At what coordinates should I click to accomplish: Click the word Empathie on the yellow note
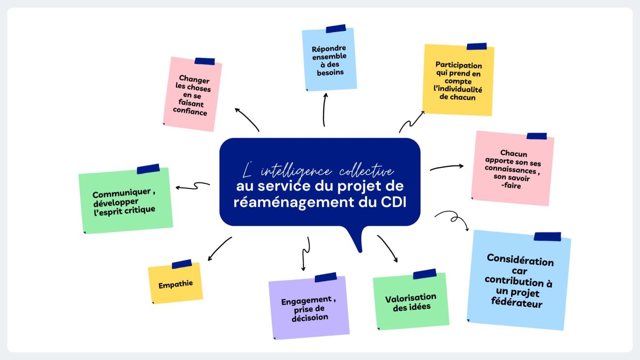click(x=176, y=284)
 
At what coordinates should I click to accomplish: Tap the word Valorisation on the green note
click(x=411, y=298)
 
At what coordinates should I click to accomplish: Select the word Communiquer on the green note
click(x=121, y=193)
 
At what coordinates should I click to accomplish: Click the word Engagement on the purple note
click(x=306, y=301)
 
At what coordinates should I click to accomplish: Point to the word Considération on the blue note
click(x=520, y=260)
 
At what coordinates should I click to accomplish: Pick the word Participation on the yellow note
click(x=459, y=65)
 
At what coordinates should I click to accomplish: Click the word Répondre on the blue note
click(x=329, y=49)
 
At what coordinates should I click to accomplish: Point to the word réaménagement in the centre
click(x=294, y=203)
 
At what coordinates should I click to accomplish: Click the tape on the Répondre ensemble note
click(x=336, y=29)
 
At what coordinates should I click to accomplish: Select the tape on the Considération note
click(x=547, y=236)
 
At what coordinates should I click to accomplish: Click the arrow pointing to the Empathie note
click(x=220, y=248)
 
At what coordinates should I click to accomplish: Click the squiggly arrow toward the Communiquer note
click(x=193, y=186)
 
